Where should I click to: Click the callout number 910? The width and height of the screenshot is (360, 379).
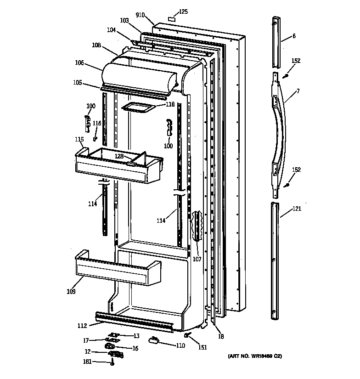pos(141,15)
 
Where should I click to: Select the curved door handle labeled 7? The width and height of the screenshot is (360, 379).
pos(281,129)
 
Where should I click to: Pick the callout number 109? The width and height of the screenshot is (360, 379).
pos(71,291)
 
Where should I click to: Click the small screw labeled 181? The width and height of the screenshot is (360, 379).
pos(112,363)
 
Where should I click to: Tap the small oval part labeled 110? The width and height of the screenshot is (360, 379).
pos(154,340)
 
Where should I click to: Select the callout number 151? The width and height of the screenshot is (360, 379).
pos(202,347)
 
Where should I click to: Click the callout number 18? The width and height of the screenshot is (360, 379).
pos(221,337)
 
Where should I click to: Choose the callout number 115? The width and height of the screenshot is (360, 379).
pos(79,139)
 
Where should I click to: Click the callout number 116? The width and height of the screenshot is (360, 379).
pos(97,124)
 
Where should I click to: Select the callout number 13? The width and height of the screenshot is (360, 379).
pos(136,336)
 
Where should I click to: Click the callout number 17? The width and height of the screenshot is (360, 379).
pos(86,340)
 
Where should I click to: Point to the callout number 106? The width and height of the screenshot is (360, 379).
pos(79,63)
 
